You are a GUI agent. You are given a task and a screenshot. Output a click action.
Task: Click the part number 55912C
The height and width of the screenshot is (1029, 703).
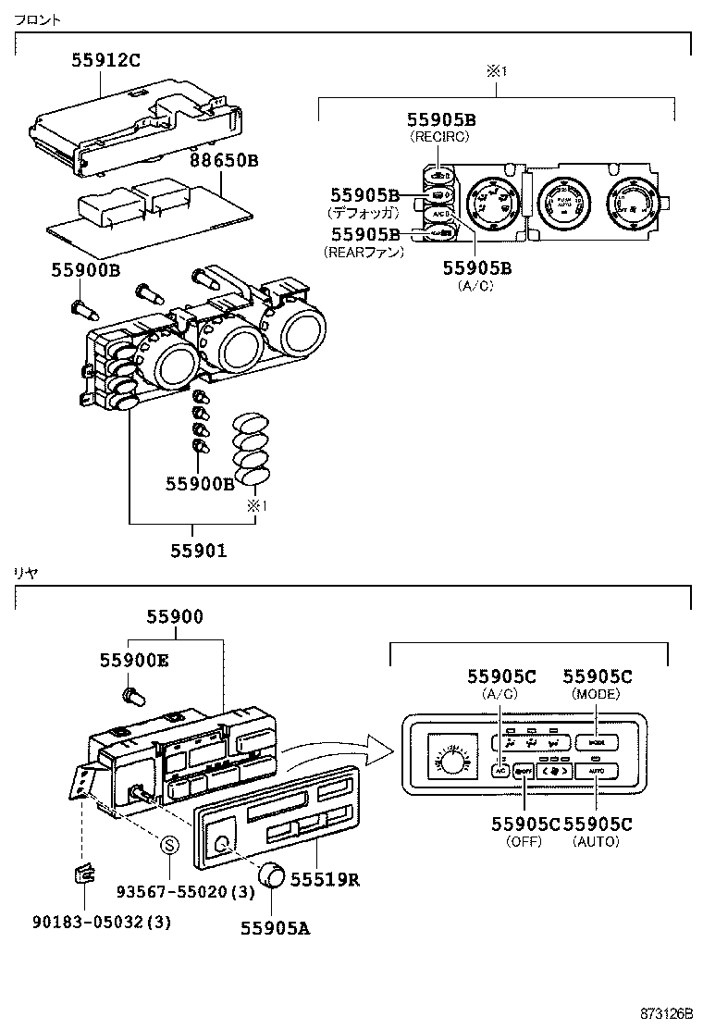point(106,61)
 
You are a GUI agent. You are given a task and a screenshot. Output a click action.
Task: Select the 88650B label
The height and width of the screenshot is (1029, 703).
point(225,159)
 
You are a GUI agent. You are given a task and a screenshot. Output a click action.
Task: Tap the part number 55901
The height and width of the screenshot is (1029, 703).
point(198,551)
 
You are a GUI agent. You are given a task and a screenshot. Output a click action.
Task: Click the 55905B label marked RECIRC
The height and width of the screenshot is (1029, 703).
point(441,120)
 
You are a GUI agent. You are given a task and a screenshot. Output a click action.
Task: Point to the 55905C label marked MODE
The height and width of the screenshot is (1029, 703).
point(597,676)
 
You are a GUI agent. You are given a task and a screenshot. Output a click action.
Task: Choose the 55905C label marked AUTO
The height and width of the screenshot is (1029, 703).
point(597,824)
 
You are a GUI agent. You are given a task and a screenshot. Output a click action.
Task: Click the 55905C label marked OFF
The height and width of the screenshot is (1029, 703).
point(525,824)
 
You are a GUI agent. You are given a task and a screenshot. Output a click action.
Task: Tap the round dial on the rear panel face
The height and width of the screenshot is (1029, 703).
point(450,761)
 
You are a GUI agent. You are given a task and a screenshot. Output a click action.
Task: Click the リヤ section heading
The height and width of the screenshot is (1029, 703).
point(26,573)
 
